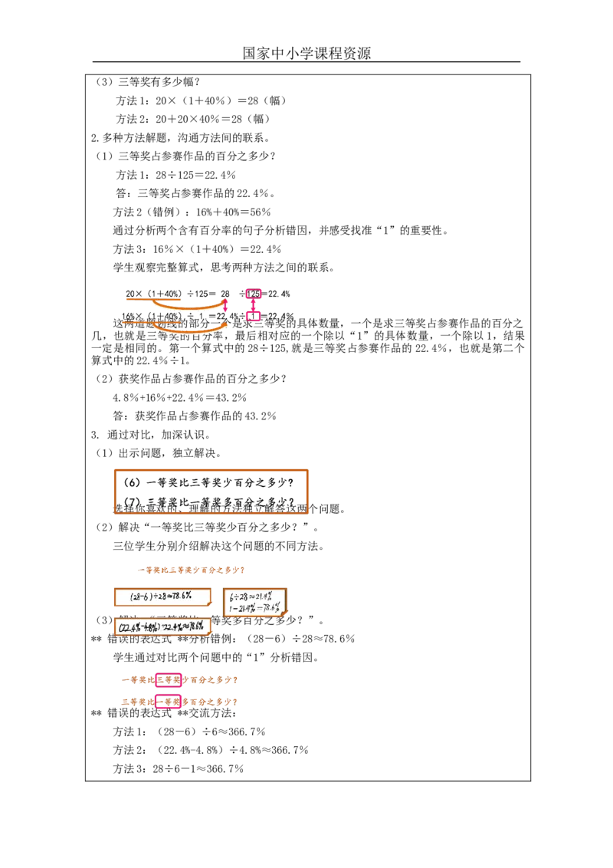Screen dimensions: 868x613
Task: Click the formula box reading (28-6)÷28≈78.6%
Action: tap(162, 597)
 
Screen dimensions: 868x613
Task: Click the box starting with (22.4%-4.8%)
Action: tap(162, 627)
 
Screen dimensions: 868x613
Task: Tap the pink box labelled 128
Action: tap(254, 294)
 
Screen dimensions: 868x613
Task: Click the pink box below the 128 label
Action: tap(255, 316)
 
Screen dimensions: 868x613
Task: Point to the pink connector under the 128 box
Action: tap(254, 304)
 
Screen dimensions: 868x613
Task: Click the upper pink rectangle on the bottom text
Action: tap(168, 679)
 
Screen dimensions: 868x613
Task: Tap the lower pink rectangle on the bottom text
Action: tap(168, 701)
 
